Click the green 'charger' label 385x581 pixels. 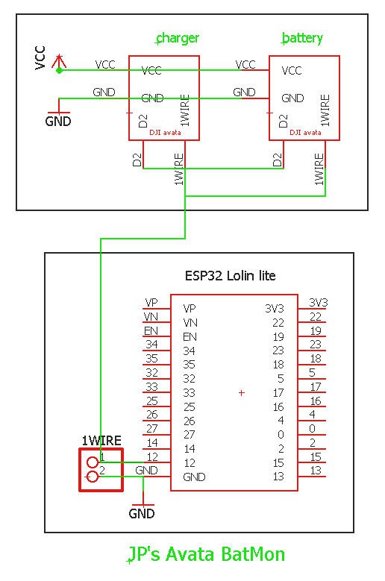point(178,38)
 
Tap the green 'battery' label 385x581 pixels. point(302,38)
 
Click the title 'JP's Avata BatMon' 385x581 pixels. point(207,555)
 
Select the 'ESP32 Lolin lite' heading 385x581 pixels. point(230,276)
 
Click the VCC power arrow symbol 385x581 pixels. point(59,62)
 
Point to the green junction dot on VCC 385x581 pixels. point(59,70)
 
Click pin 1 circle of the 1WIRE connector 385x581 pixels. point(93,462)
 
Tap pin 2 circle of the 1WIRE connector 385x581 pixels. point(93,477)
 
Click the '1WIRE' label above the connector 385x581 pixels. point(101,441)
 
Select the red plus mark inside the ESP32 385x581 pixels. point(242,393)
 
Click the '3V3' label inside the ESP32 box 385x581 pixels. point(275,308)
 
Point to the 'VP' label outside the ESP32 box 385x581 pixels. point(151,303)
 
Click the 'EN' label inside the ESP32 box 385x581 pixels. point(190,337)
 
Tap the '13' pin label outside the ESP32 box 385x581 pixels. point(316,471)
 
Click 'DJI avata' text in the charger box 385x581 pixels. point(165,132)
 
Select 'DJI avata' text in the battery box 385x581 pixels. point(305,132)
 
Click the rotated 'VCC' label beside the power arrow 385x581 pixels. point(40,58)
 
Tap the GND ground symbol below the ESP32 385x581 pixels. point(143,505)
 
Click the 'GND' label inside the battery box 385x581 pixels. point(292,98)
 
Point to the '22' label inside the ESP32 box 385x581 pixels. point(278,323)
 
